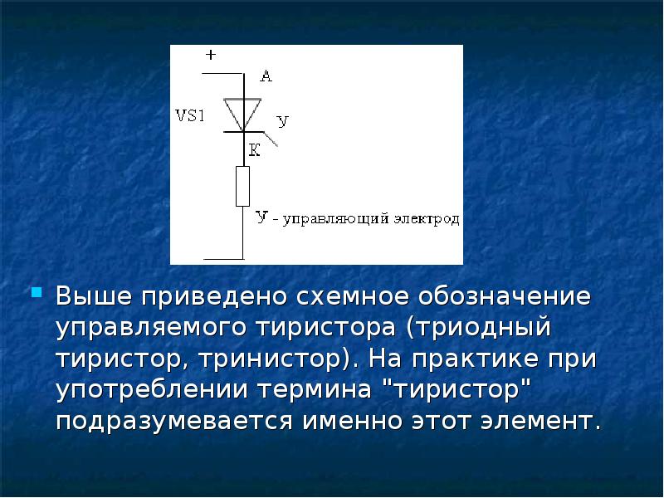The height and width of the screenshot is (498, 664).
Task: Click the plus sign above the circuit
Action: (211, 55)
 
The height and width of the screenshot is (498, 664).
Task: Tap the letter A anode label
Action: (266, 76)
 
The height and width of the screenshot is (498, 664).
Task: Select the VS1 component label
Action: (190, 115)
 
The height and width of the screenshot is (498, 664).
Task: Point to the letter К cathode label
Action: (254, 150)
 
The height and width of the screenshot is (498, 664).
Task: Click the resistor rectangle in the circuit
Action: (242, 186)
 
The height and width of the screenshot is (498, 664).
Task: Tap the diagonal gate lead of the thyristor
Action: (271, 139)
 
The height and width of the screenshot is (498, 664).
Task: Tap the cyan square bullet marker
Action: (37, 292)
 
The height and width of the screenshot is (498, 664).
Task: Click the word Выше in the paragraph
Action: (94, 295)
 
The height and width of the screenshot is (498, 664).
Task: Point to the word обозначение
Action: (505, 296)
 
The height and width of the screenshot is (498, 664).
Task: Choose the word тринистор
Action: (271, 359)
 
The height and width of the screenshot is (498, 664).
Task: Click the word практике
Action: (475, 359)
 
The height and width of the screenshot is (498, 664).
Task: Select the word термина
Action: (315, 390)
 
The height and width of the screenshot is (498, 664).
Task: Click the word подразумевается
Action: (174, 422)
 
